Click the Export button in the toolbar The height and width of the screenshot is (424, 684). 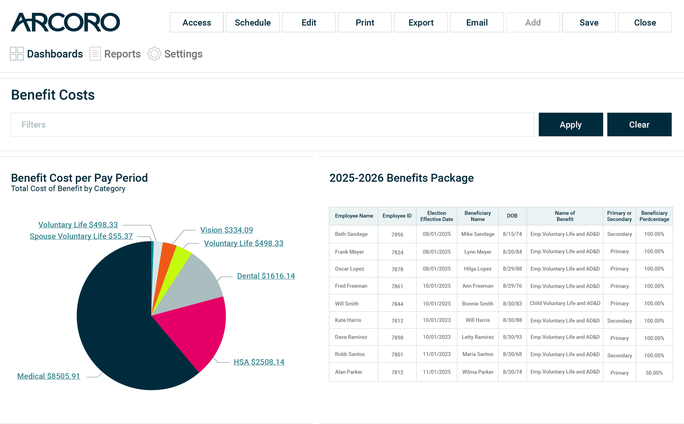pyautogui.click(x=421, y=23)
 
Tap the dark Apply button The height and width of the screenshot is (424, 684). pyautogui.click(x=571, y=124)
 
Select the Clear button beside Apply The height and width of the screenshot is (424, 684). pyautogui.click(x=639, y=124)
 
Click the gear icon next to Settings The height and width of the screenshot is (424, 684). pyautogui.click(x=154, y=54)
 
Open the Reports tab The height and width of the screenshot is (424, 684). pyautogui.click(x=115, y=54)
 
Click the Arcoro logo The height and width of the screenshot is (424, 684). pyautogui.click(x=65, y=22)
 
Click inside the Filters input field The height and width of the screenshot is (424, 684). pyautogui.click(x=272, y=124)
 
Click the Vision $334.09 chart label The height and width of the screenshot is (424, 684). pyautogui.click(x=226, y=230)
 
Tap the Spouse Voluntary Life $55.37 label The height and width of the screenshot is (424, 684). pyautogui.click(x=81, y=236)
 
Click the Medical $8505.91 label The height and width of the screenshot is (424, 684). pyautogui.click(x=49, y=376)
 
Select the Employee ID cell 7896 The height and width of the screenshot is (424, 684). pyautogui.click(x=397, y=235)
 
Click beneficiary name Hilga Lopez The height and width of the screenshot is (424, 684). pyautogui.click(x=477, y=269)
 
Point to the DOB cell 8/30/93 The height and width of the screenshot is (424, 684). pyautogui.click(x=512, y=337)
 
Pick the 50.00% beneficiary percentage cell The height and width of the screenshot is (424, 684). pyautogui.click(x=654, y=373)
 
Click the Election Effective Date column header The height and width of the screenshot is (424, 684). pyautogui.click(x=436, y=216)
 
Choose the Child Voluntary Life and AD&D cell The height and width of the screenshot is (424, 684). pyautogui.click(x=565, y=303)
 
